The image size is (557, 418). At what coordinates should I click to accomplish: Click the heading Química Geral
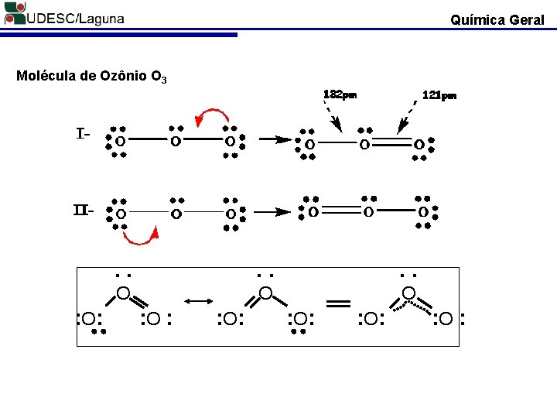(x=497, y=19)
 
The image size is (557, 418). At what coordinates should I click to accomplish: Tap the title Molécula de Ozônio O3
(x=92, y=77)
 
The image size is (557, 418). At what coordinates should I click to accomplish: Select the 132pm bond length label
(x=340, y=95)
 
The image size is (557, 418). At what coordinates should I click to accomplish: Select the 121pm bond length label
(x=439, y=96)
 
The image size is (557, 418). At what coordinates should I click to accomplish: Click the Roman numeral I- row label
(x=84, y=134)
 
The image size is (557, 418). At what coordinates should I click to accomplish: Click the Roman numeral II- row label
(x=84, y=210)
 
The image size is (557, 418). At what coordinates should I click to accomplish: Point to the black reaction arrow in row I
(x=269, y=141)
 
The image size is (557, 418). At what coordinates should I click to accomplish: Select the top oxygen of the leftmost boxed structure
(x=122, y=293)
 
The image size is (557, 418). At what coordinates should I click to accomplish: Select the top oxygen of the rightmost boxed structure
(x=409, y=293)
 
